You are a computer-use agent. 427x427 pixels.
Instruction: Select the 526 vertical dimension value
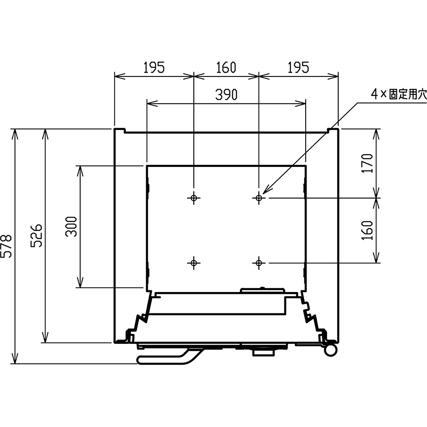pos(36,235)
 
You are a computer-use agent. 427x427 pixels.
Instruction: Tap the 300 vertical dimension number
pos(71,226)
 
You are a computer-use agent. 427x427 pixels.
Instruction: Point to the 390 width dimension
pos(226,94)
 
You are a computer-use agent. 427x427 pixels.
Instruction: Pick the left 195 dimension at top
pos(154,67)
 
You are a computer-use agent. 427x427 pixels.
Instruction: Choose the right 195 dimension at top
pos(298,67)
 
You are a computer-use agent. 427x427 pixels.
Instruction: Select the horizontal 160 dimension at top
pos(226,67)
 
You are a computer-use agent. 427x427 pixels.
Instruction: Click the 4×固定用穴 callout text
pos(399,94)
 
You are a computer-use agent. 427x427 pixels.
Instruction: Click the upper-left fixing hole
pos(193,198)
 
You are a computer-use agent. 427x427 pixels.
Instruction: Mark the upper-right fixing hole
pos(259,198)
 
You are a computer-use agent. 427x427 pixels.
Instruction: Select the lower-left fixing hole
pos(193,263)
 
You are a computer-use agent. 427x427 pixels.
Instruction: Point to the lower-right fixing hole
pos(259,263)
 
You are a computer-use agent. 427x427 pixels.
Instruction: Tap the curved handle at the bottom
pos(169,360)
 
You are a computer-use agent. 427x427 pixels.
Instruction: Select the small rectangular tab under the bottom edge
pos(263,353)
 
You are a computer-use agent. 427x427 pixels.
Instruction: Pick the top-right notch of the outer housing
pos(333,130)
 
